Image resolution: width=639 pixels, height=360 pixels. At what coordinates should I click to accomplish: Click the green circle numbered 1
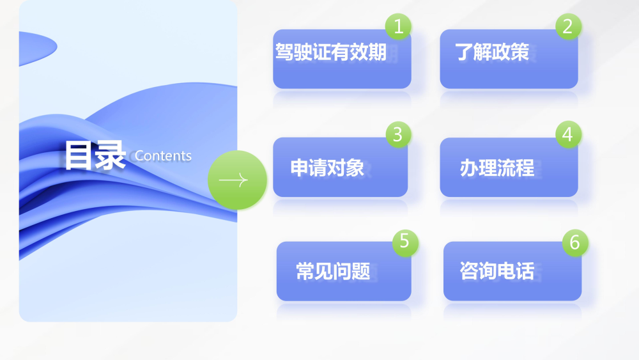398,26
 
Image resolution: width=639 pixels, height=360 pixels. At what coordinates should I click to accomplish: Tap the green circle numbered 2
568,26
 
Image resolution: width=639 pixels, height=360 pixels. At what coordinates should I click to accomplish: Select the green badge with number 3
398,134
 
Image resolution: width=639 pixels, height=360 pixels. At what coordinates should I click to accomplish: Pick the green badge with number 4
568,134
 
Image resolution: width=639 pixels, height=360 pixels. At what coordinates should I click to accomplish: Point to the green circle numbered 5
405,242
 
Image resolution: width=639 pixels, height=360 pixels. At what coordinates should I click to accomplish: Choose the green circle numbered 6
575,242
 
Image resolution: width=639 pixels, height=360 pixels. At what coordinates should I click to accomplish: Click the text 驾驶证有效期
331,52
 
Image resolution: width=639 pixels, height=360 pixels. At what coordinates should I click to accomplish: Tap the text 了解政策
492,52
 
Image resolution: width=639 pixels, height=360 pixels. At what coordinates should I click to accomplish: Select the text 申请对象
327,168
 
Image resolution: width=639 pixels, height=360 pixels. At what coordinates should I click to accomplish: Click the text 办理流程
497,168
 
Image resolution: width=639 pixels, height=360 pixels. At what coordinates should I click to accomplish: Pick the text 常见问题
333,271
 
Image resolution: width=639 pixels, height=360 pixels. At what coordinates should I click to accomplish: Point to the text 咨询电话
497,271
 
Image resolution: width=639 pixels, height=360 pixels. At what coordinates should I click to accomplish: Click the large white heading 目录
95,155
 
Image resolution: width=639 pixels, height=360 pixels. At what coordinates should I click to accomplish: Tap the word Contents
163,156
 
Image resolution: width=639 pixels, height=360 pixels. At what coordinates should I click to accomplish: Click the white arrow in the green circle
233,180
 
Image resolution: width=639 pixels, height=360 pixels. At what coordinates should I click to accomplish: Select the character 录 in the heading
111,155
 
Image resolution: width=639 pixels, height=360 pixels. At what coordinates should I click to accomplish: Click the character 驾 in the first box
284,52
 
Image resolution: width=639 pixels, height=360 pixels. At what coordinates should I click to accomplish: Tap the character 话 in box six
525,271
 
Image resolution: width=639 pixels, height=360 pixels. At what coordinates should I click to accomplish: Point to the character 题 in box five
361,271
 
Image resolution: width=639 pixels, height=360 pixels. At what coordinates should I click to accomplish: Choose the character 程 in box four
525,168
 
